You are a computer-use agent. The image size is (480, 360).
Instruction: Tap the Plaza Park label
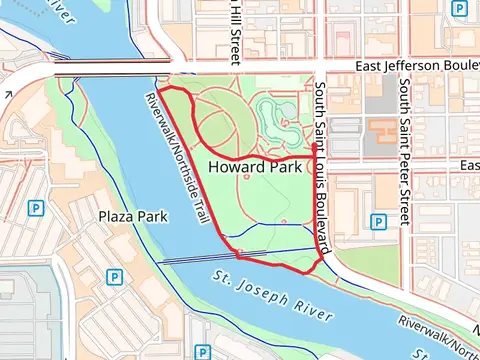(132, 215)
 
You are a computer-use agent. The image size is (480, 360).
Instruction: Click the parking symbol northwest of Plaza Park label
(36, 209)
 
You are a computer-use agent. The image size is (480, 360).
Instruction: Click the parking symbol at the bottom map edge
(203, 352)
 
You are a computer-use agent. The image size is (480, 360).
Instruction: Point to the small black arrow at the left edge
(7, 95)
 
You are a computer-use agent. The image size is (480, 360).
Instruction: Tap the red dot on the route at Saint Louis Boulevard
(316, 147)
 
